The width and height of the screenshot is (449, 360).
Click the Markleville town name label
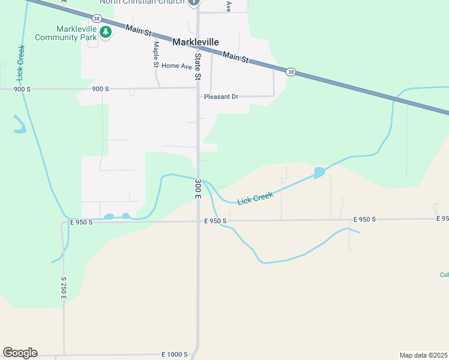[x=196, y=42]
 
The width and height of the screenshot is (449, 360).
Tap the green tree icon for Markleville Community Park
[x=106, y=33]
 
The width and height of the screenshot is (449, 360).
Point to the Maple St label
[x=155, y=54]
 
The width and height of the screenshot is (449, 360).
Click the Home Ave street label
[x=176, y=66]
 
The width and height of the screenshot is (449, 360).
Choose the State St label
[x=197, y=66]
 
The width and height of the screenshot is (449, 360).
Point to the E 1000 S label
[x=175, y=355]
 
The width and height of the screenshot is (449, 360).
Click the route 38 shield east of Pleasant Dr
[x=291, y=72]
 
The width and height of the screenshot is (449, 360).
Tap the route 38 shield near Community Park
[x=97, y=17]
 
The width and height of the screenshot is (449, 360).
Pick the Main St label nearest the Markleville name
[x=235, y=57]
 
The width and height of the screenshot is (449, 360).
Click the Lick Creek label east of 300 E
[x=255, y=198]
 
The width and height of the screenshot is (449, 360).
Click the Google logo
[x=20, y=353]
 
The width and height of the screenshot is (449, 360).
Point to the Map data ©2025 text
[x=423, y=355]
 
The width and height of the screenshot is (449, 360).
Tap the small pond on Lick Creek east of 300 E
[x=319, y=173]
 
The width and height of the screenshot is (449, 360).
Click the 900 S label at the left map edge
[x=22, y=89]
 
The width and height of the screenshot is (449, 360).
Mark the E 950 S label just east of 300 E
[x=215, y=221]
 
